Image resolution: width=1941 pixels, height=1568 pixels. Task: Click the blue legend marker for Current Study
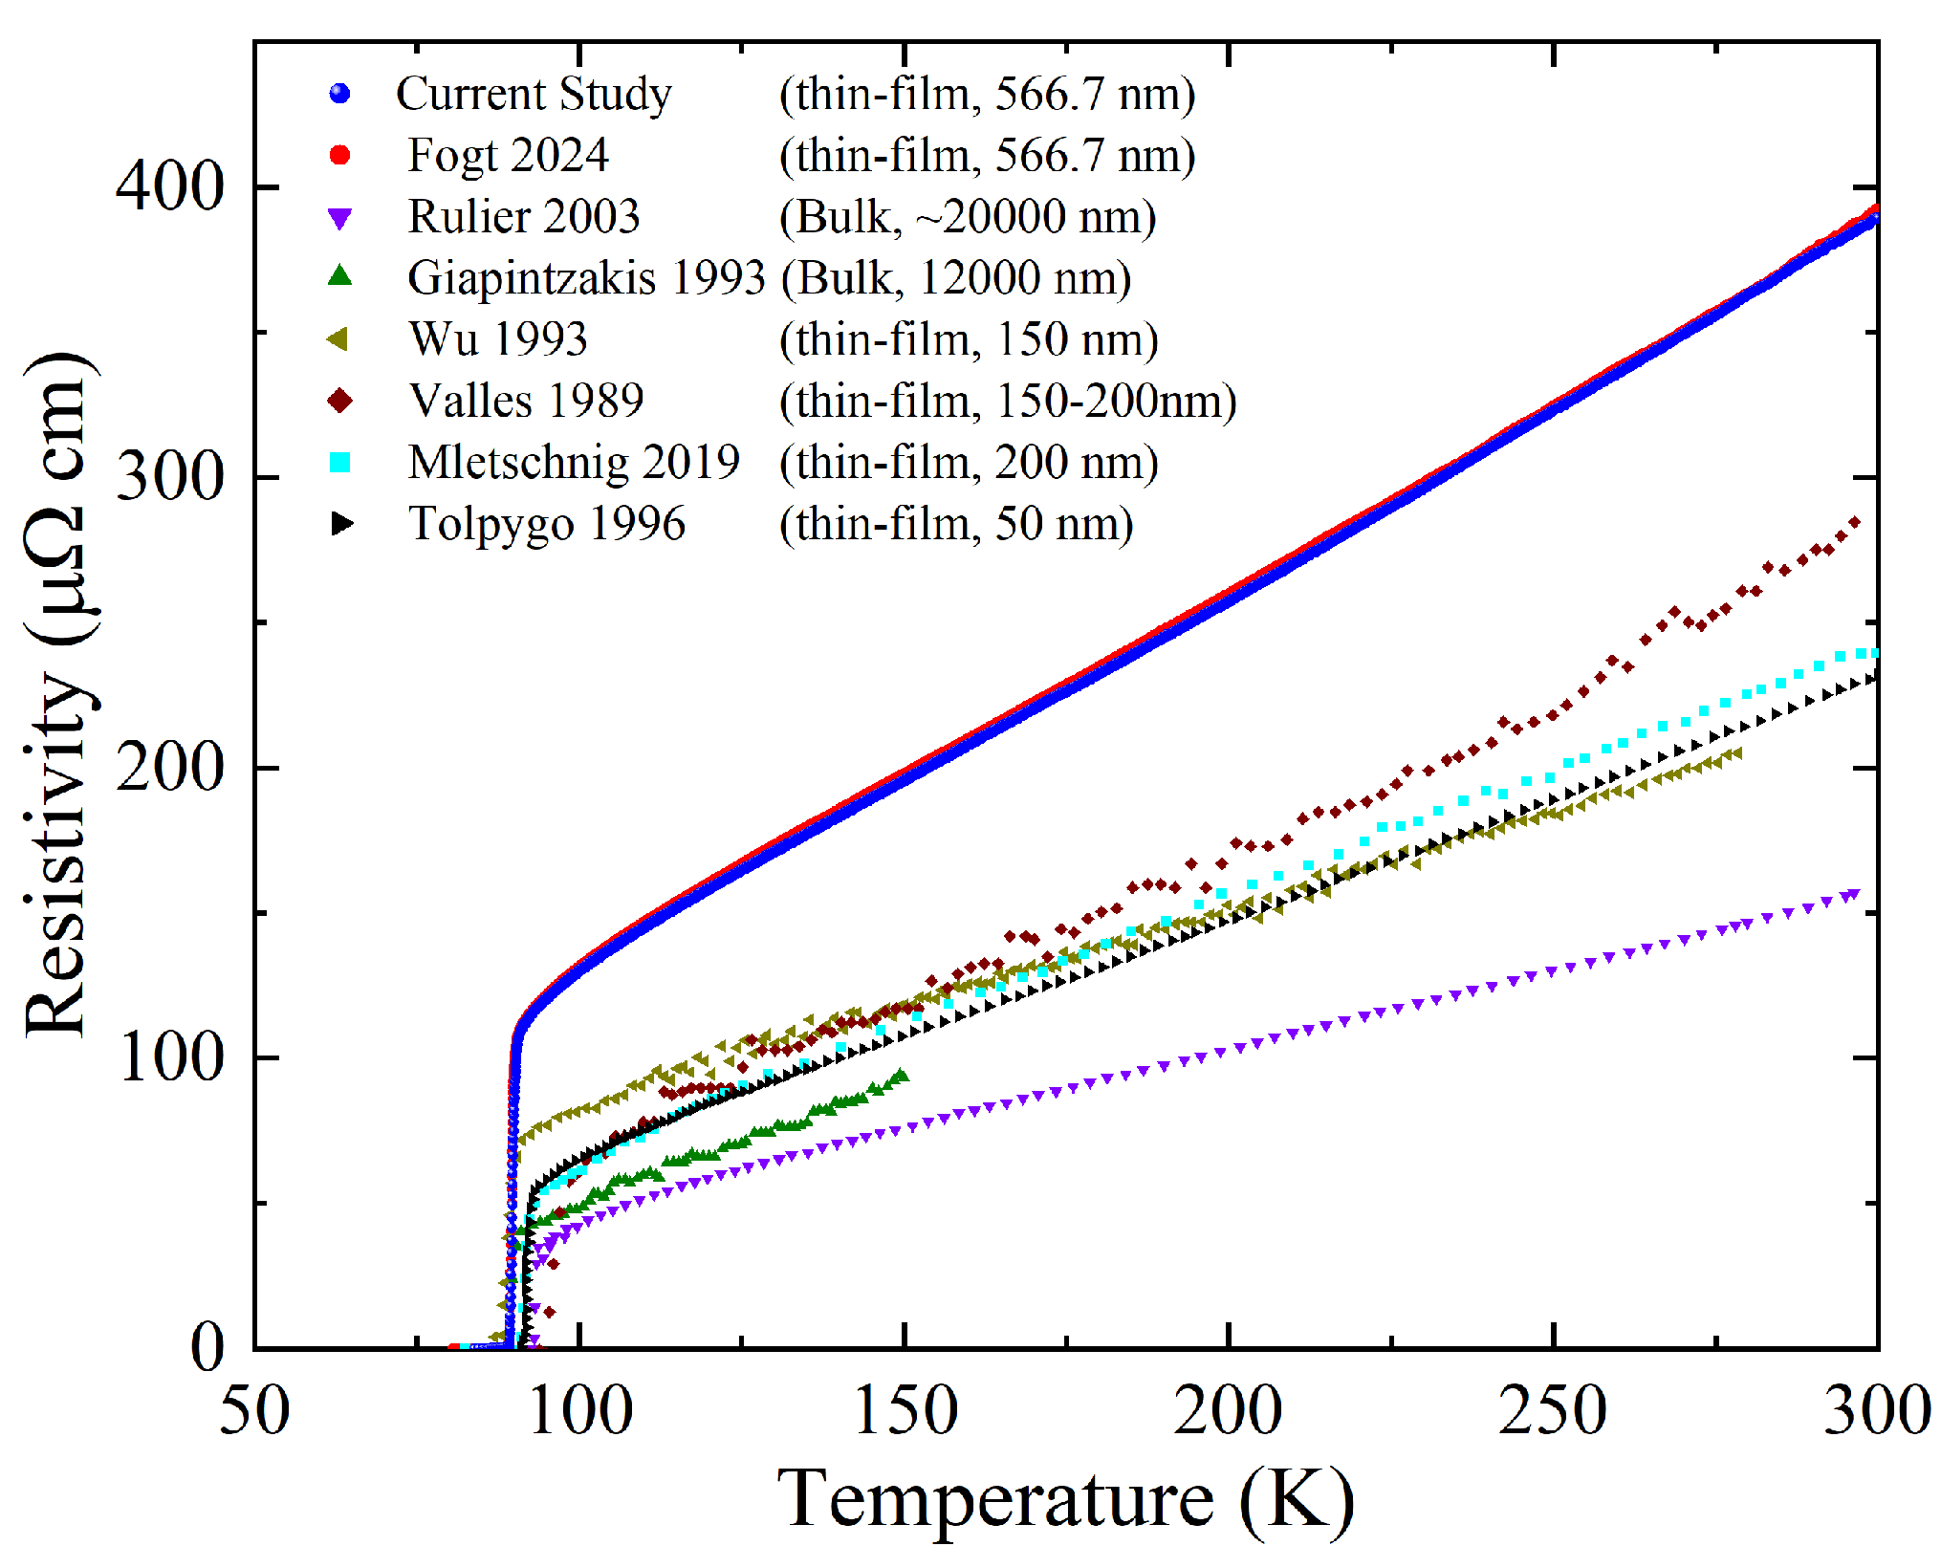(339, 94)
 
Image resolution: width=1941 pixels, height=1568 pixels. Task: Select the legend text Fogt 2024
(508, 155)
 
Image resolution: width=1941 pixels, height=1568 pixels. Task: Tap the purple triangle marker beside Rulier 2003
(339, 219)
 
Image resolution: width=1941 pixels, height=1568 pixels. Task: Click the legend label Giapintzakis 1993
(586, 278)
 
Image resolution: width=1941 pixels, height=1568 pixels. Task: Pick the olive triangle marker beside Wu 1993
(338, 339)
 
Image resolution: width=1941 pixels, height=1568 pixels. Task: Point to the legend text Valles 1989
(526, 401)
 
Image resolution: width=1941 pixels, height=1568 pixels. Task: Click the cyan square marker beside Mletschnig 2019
(339, 463)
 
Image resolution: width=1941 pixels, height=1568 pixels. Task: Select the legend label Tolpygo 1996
(547, 524)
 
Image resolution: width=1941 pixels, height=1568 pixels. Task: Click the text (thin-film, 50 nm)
(956, 524)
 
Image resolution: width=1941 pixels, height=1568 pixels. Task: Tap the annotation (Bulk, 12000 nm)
(956, 278)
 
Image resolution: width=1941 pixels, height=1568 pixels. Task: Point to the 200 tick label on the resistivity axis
(169, 767)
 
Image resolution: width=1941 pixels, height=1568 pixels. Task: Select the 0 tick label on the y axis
(208, 1347)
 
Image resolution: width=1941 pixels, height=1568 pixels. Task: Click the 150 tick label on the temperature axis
(905, 1410)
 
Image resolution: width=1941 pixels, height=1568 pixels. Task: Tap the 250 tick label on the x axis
(1553, 1410)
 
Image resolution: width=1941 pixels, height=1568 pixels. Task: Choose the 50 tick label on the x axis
(254, 1410)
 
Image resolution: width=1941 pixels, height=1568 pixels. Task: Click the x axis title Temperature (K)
(1065, 1498)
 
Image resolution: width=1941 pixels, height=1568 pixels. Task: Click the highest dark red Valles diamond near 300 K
(1854, 522)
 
